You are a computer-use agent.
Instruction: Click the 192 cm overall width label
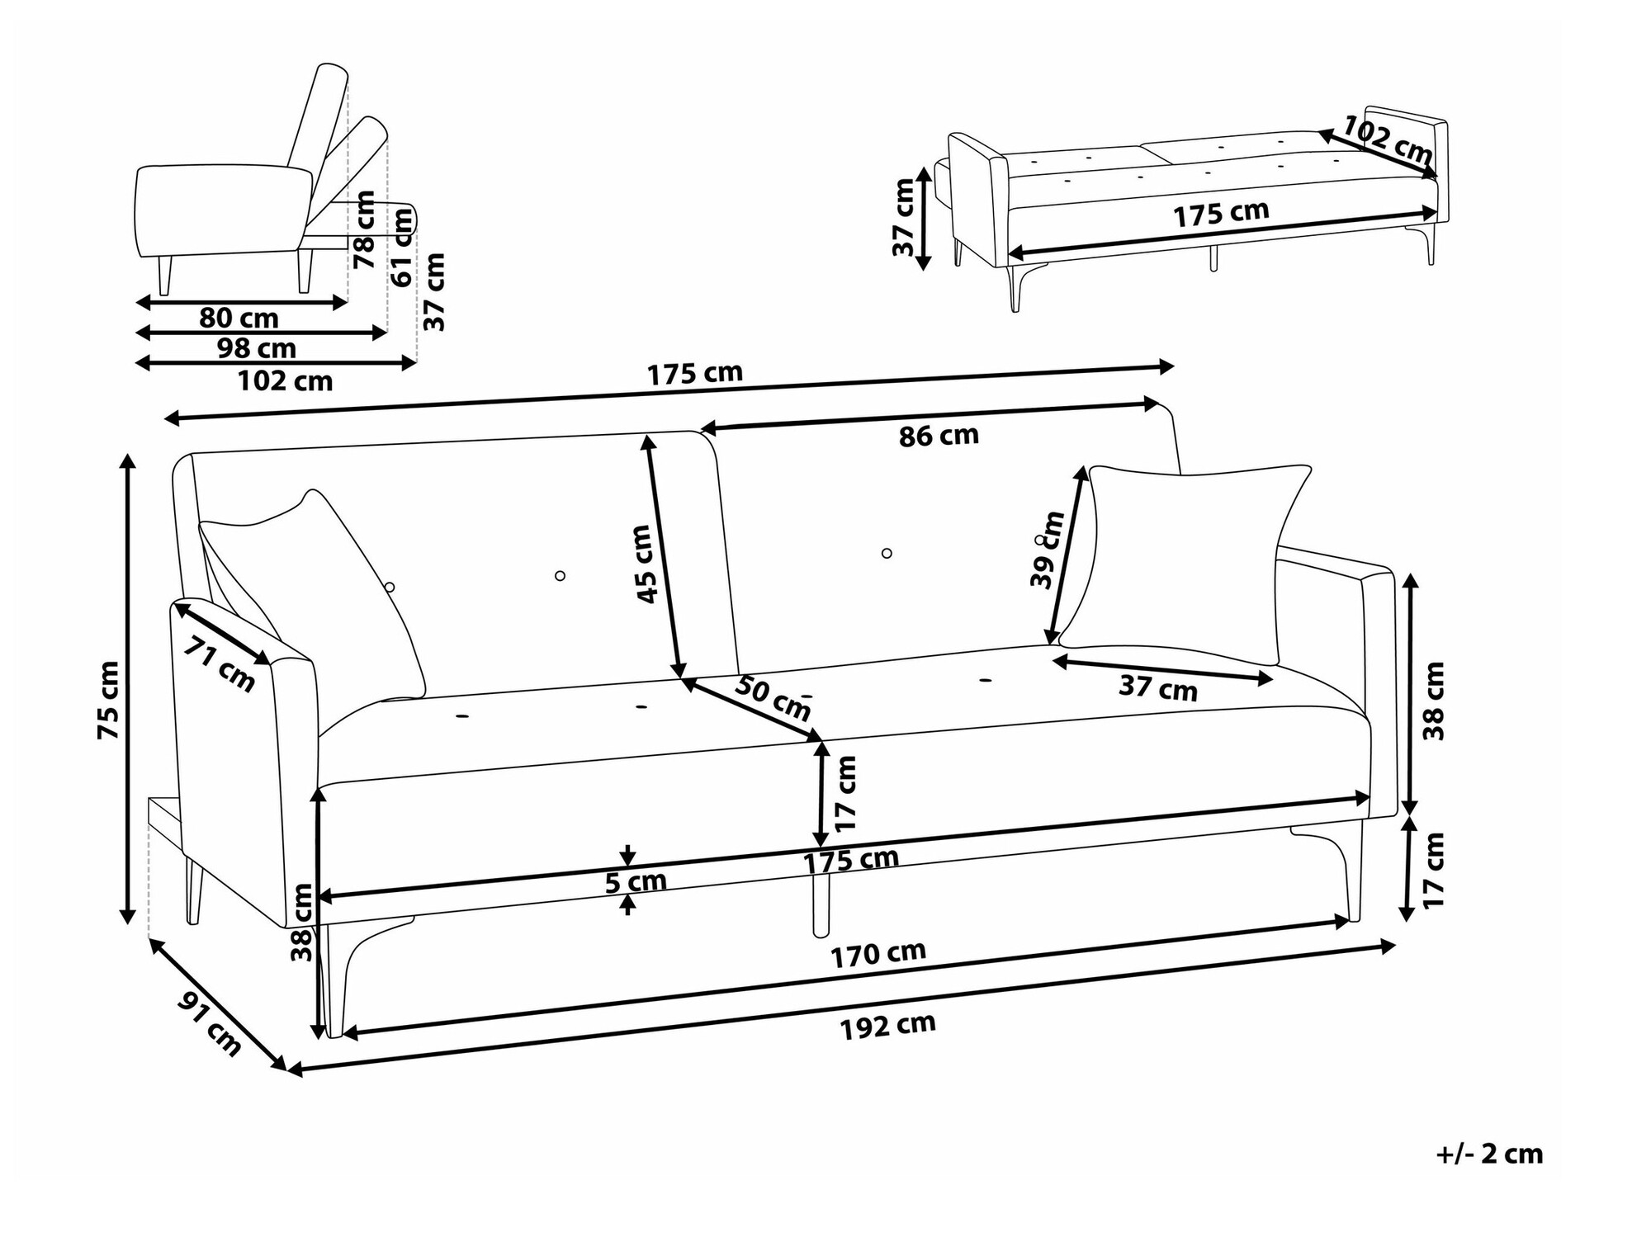[888, 1027]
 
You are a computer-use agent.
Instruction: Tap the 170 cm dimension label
[878, 954]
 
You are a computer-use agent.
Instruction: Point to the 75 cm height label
[109, 700]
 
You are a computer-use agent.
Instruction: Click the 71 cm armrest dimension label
[220, 663]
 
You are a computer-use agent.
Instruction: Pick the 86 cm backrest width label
[939, 435]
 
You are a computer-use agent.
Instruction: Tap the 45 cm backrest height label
[648, 564]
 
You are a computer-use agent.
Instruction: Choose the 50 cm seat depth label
[773, 697]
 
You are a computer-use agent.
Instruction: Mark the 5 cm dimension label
[636, 882]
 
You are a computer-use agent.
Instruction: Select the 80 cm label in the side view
[239, 318]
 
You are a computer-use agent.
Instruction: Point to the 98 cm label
[257, 348]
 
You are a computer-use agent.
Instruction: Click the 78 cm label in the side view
[364, 229]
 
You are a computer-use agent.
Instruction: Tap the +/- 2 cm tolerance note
[1489, 1153]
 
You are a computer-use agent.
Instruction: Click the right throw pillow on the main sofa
[1185, 564]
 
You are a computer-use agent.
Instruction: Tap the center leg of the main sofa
[820, 905]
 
